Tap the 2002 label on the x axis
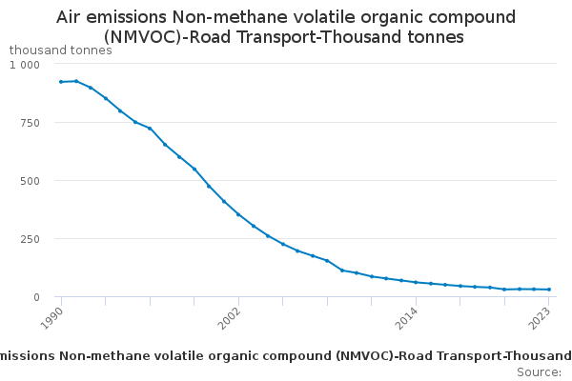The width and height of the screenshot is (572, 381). [x=229, y=317]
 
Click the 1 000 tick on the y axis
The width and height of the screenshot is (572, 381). [x=25, y=64]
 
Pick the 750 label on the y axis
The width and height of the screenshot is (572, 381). [x=31, y=123]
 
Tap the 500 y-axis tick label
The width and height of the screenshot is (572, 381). [x=31, y=181]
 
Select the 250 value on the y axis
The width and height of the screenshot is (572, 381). [x=31, y=239]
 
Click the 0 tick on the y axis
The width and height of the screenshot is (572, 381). [x=36, y=297]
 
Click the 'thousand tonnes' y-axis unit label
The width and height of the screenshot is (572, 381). [x=60, y=50]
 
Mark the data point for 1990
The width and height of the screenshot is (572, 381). [x=61, y=82]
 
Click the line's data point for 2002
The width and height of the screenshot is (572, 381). [x=238, y=214]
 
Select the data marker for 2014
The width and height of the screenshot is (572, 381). [x=416, y=282]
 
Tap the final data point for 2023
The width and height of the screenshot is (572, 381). [x=549, y=290]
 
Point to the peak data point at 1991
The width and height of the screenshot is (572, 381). [x=76, y=81]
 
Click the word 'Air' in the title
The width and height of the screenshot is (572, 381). [x=73, y=17]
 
